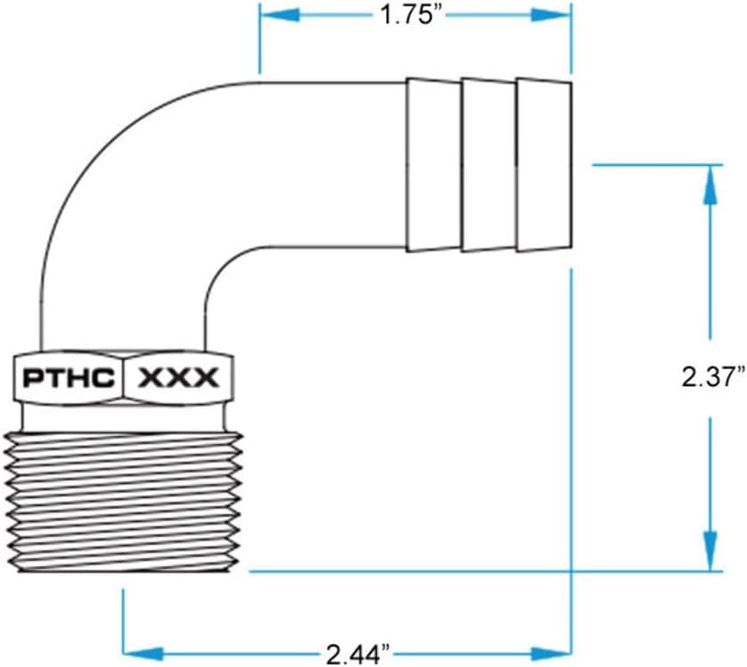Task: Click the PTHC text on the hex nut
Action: tap(69, 378)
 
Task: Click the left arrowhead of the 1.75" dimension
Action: tap(272, 15)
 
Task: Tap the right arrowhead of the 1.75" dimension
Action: tap(557, 15)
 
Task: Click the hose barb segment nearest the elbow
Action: tap(433, 165)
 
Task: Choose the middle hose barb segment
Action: tap(488, 165)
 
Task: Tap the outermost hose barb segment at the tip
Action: tap(543, 165)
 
